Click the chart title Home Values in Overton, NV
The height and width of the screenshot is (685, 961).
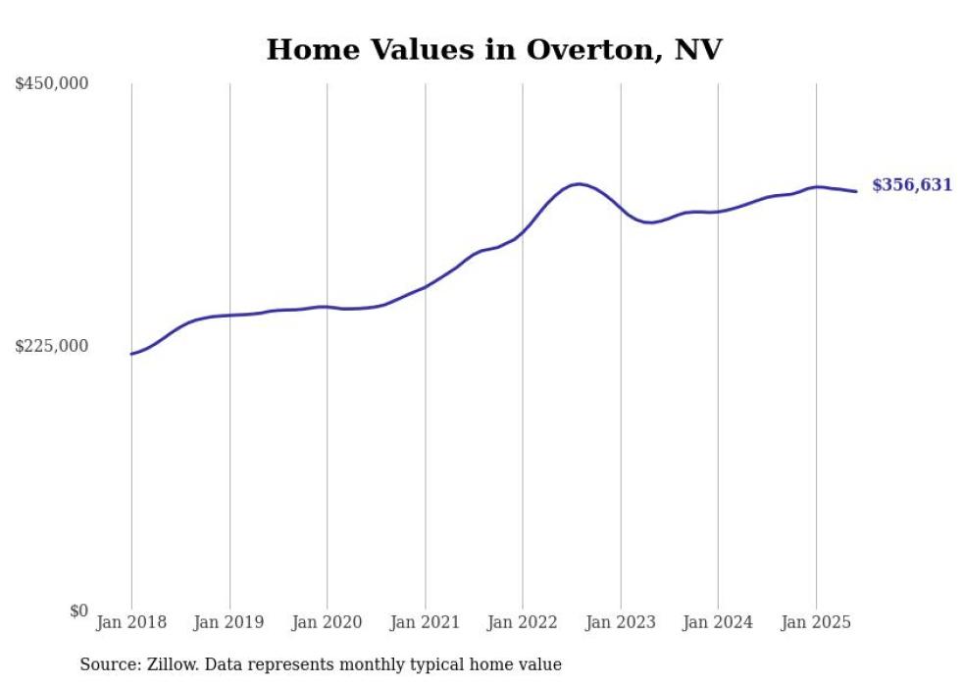(x=493, y=50)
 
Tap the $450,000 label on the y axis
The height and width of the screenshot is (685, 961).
(x=52, y=84)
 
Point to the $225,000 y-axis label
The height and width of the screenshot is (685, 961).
(x=52, y=346)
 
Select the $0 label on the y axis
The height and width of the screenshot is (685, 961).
(x=78, y=611)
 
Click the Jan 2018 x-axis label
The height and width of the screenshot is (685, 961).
(x=131, y=622)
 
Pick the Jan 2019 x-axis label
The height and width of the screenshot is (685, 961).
(x=229, y=622)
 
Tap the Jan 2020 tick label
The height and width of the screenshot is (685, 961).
(x=327, y=622)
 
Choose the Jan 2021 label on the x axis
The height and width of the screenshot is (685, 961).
(x=425, y=622)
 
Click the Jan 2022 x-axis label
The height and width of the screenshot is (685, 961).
(x=522, y=622)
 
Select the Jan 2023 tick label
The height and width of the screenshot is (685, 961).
(x=620, y=622)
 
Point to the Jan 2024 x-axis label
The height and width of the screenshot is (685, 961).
(x=718, y=622)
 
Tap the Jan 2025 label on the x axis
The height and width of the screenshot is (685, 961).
(x=815, y=622)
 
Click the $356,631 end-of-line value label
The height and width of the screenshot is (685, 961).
(x=911, y=185)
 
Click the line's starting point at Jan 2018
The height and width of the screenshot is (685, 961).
(x=131, y=354)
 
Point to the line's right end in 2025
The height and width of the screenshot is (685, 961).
(x=857, y=191)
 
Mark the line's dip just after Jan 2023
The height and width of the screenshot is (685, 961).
(x=648, y=222)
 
